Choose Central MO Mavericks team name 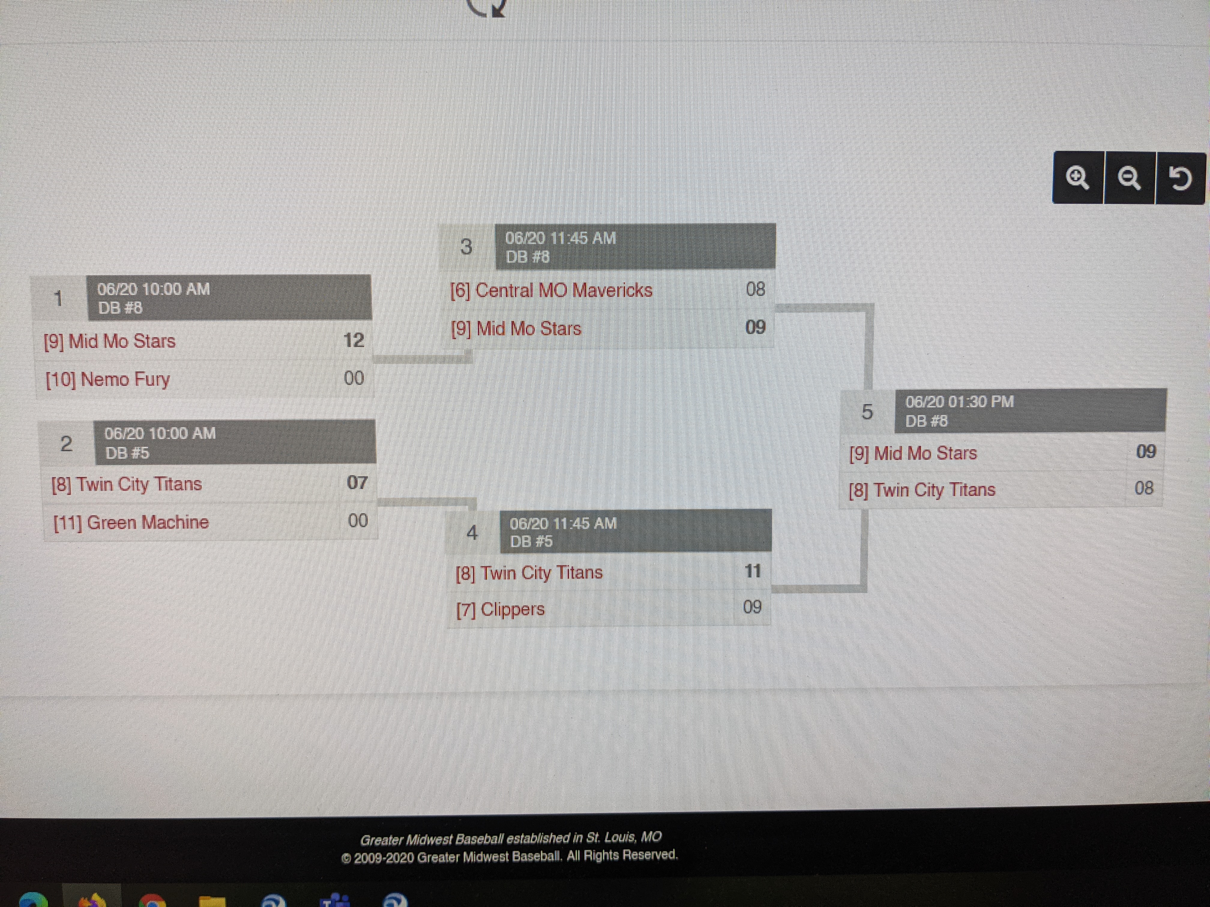coord(551,290)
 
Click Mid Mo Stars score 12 coord(354,340)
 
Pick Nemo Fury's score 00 coord(354,378)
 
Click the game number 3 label coord(466,247)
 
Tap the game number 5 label coord(867,412)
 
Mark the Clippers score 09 coord(752,607)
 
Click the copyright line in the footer coord(509,856)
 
